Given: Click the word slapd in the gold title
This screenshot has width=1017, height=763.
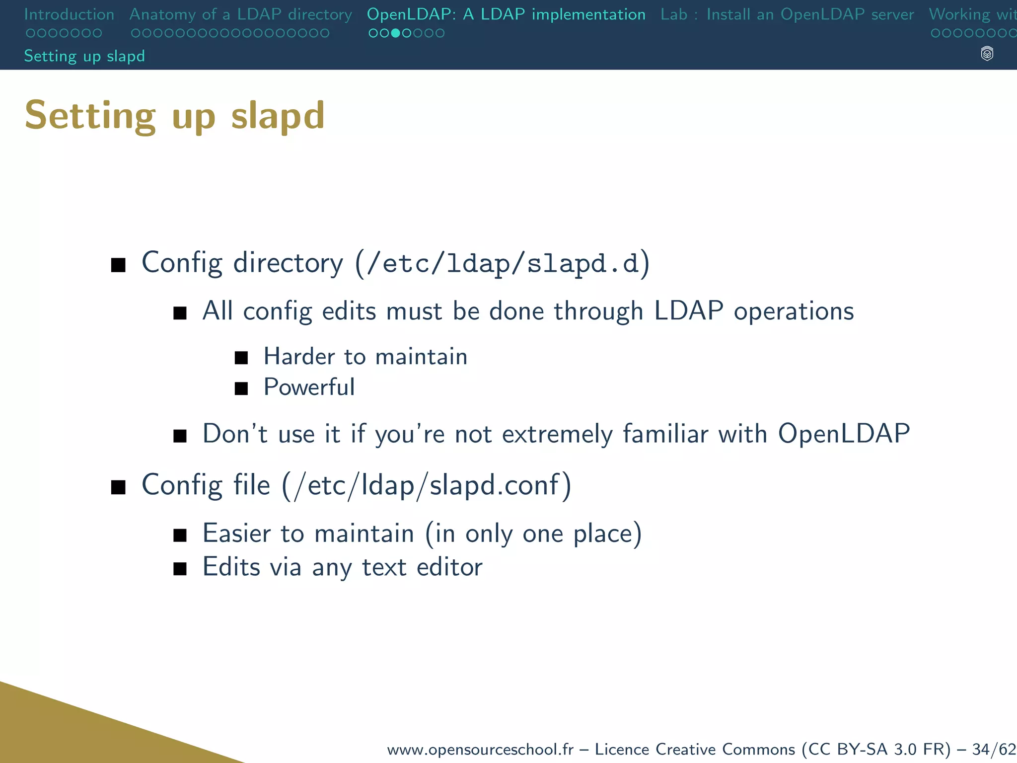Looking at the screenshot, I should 278,116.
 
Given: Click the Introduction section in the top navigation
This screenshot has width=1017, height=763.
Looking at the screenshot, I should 69,14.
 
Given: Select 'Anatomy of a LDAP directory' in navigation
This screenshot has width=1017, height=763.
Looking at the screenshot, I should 240,14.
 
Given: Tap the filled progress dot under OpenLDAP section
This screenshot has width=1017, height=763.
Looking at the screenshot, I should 395,33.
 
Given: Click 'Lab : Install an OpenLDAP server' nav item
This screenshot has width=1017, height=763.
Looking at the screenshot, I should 787,14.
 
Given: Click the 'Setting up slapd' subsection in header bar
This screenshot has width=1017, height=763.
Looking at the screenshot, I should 84,56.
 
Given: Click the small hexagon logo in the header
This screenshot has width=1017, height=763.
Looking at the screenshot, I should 987,54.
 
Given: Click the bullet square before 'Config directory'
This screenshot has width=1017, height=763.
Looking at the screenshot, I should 118,265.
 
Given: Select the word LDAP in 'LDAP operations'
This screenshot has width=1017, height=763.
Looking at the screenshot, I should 688,311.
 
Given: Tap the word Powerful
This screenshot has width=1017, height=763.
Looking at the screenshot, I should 309,387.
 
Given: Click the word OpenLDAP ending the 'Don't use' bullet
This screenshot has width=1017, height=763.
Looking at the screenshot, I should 843,434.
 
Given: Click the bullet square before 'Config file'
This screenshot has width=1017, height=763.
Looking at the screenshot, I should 118,487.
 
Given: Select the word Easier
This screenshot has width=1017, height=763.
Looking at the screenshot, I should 237,534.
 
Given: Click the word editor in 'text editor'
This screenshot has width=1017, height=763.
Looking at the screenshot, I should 449,567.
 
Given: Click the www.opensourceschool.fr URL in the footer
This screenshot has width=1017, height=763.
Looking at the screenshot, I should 480,749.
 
